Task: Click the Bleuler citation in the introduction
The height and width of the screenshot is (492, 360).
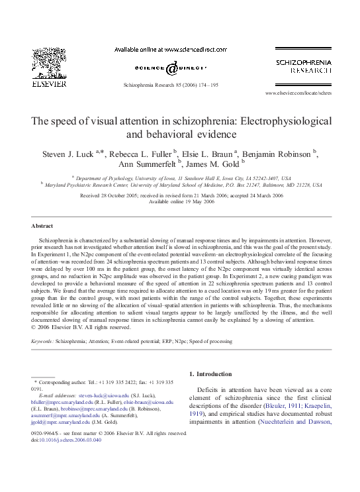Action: point(283,406)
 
